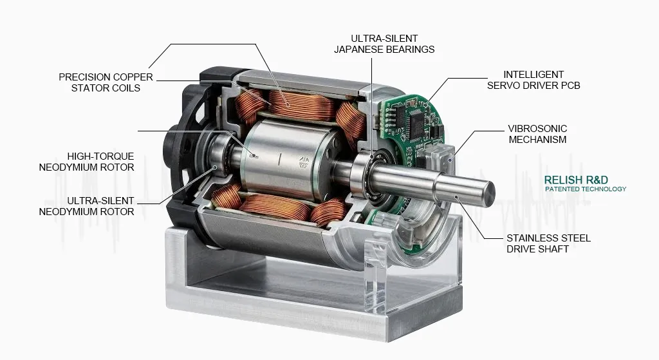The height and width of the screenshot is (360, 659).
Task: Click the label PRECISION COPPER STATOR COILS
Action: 106,82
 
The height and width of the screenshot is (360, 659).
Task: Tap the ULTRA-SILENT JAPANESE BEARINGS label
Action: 384,44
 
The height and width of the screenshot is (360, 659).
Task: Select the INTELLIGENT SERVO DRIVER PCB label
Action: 533,79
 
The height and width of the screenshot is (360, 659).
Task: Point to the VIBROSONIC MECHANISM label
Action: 537,133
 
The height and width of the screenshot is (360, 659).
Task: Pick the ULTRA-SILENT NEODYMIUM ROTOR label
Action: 87,206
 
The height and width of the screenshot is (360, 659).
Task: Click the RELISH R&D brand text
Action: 575,180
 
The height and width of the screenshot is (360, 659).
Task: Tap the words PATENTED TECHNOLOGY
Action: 585,189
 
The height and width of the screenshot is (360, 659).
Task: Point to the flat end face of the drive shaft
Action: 489,191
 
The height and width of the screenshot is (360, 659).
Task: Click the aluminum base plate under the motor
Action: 270,303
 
